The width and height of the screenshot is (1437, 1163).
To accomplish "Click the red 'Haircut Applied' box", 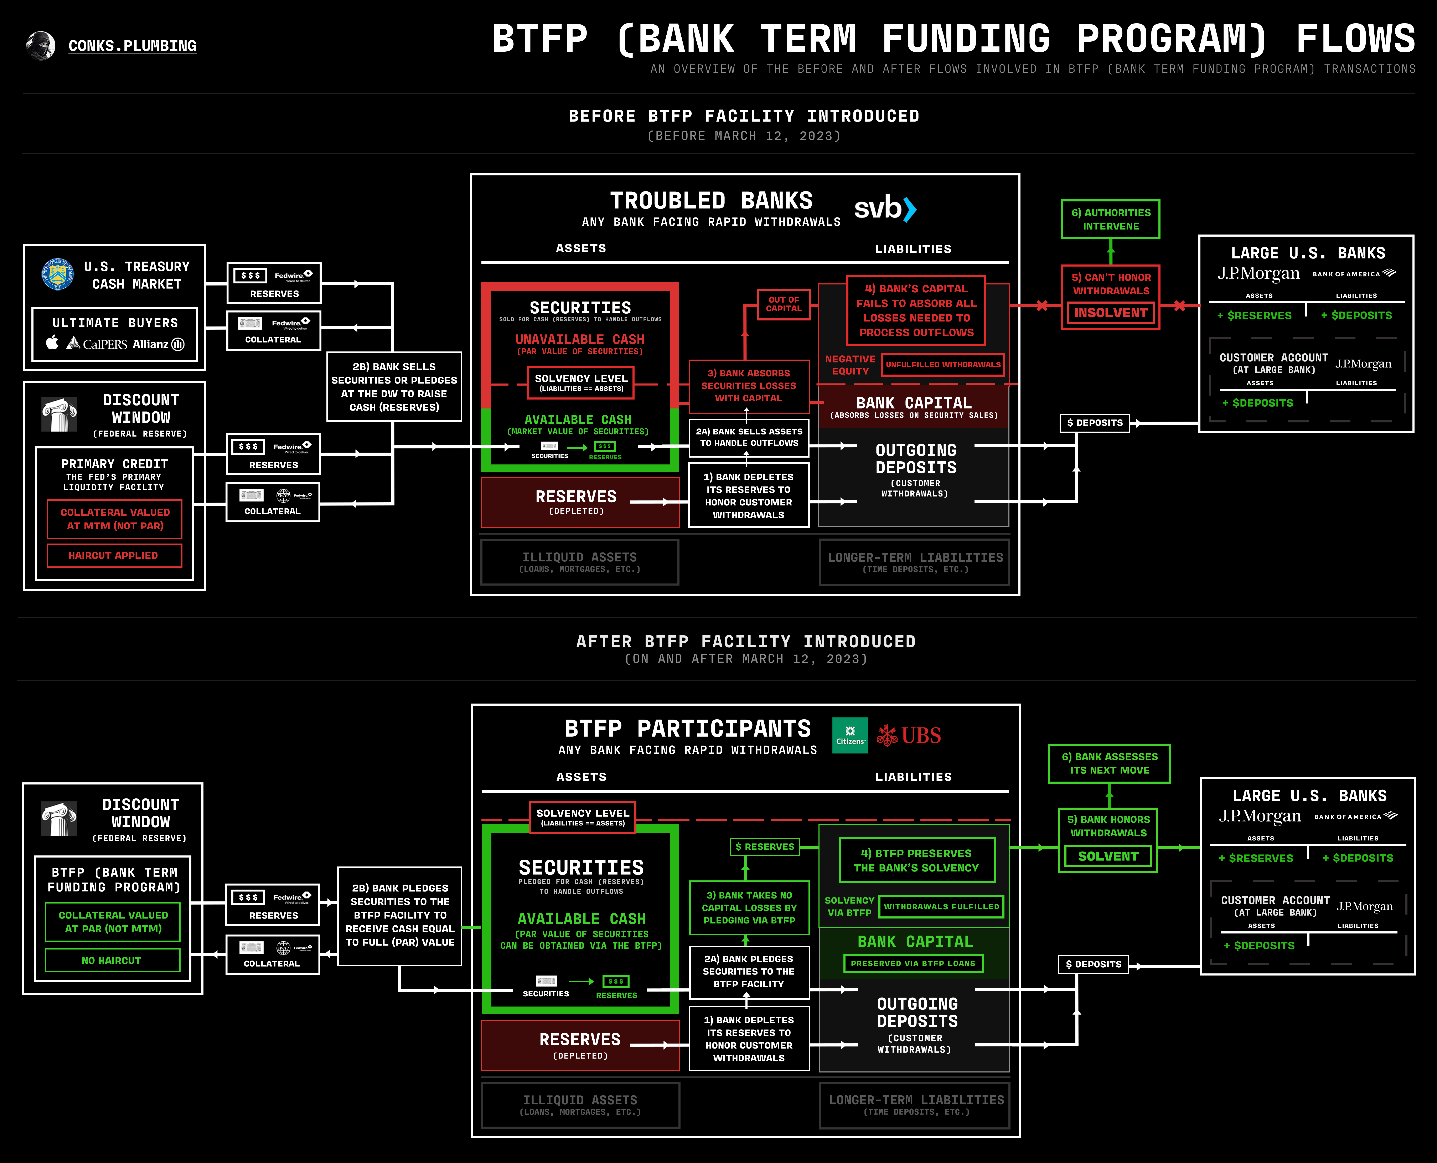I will coord(113,555).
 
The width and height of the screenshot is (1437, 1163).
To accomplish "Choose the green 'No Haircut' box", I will coord(112,960).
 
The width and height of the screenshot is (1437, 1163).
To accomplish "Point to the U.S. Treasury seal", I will coord(58,274).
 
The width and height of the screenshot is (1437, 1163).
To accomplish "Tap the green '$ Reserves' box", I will coord(765,847).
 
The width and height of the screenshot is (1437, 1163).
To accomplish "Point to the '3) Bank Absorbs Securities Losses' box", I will coord(749,385).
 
